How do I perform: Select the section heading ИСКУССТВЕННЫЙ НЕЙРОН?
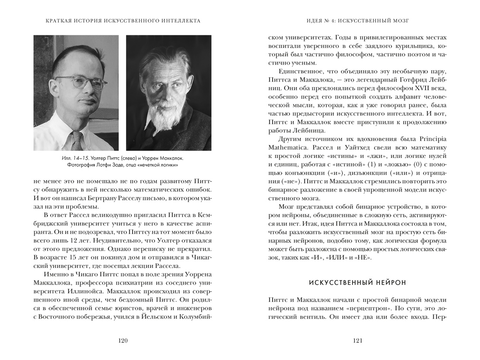tap(357, 283)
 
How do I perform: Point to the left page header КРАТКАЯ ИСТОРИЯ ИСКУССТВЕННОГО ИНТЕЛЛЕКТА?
tap(123, 21)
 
